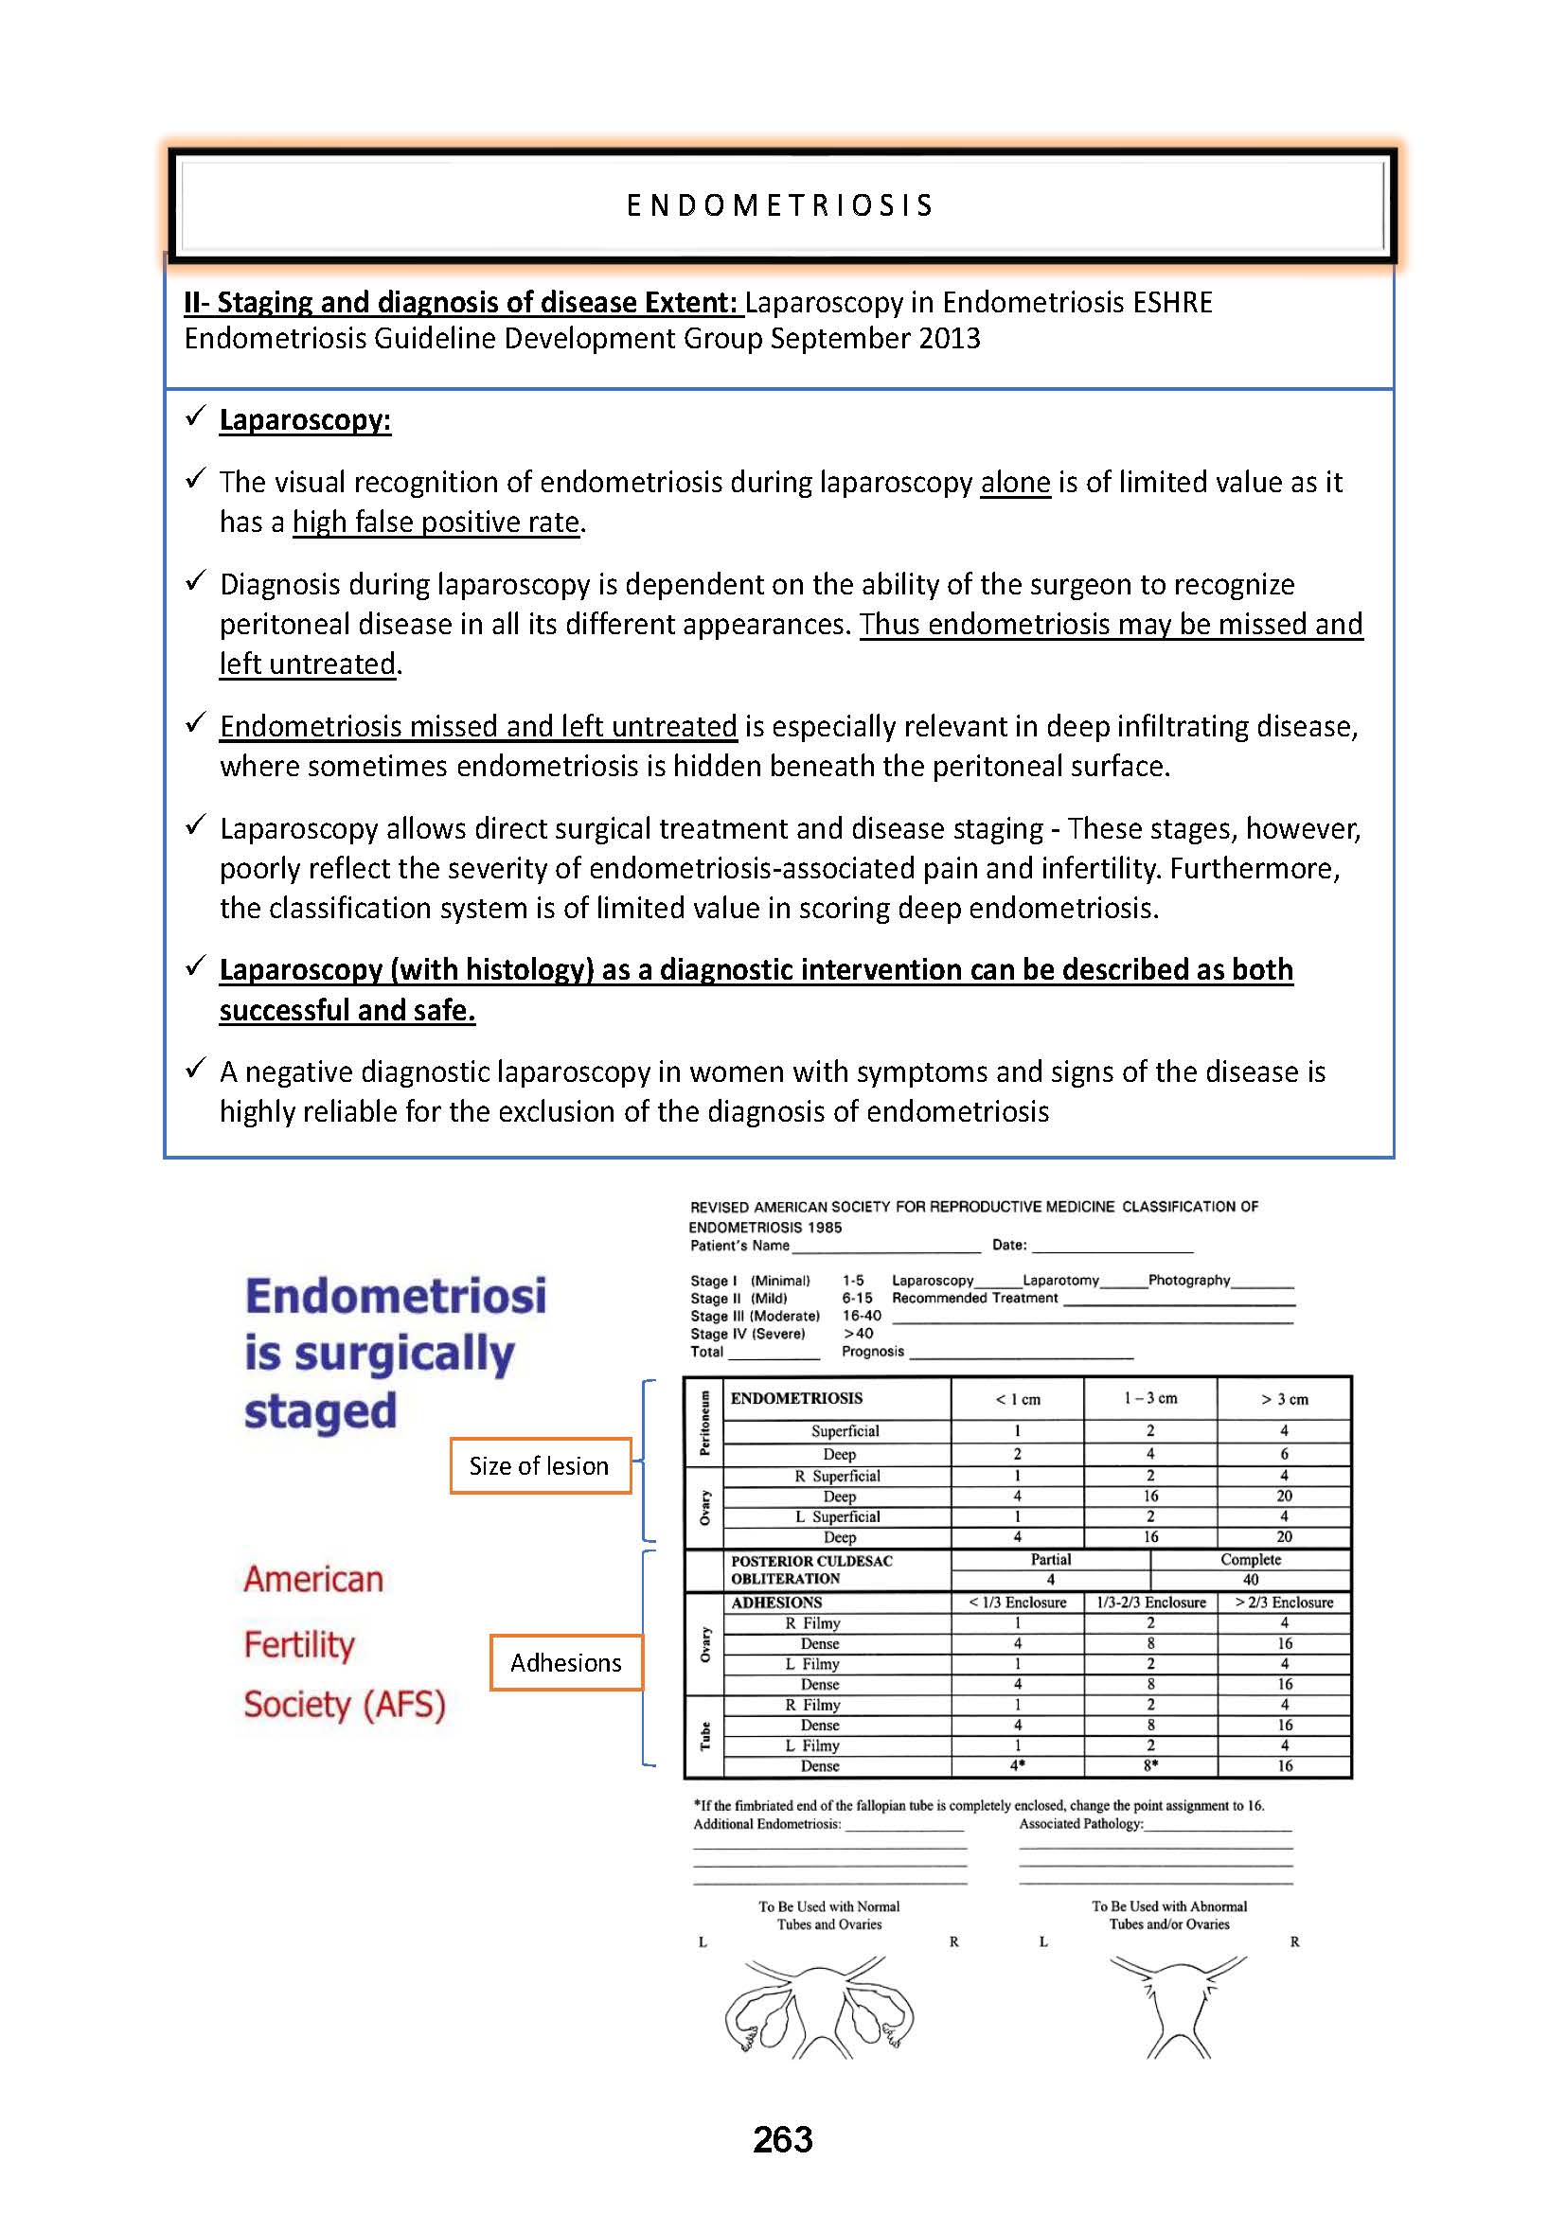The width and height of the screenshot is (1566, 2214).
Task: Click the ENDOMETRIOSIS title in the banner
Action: [780, 205]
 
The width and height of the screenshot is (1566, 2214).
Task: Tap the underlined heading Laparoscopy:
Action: [305, 420]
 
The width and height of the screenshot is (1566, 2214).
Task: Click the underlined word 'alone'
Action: [1014, 482]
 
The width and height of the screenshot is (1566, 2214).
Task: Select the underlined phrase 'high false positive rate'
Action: [436, 523]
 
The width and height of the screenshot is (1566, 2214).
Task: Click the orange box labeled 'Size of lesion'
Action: [540, 1465]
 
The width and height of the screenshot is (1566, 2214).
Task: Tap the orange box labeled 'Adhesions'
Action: [566, 1662]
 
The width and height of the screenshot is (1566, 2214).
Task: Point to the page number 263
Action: [782, 2139]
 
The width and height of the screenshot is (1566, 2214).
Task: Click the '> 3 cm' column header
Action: [1285, 1399]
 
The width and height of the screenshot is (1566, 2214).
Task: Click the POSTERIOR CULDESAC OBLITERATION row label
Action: [812, 1568]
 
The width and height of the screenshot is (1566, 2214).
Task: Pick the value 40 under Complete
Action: [1251, 1580]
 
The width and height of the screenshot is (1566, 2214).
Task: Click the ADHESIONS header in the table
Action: [776, 1603]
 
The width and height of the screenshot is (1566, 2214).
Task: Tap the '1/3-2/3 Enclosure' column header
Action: [1151, 1603]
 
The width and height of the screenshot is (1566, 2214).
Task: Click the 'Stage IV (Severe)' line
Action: [747, 1334]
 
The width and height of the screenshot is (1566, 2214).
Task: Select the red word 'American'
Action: [313, 1580]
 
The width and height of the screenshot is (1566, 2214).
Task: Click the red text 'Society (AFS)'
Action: [345, 1705]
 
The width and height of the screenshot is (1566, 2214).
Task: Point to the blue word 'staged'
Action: [320, 1411]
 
